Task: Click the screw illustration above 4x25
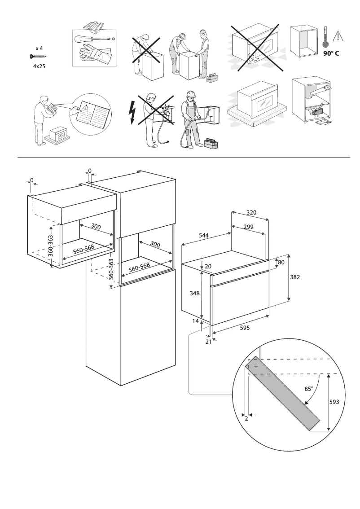38,57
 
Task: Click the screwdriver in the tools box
92,39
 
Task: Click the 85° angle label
308,389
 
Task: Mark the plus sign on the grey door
256,366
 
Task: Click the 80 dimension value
282,262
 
